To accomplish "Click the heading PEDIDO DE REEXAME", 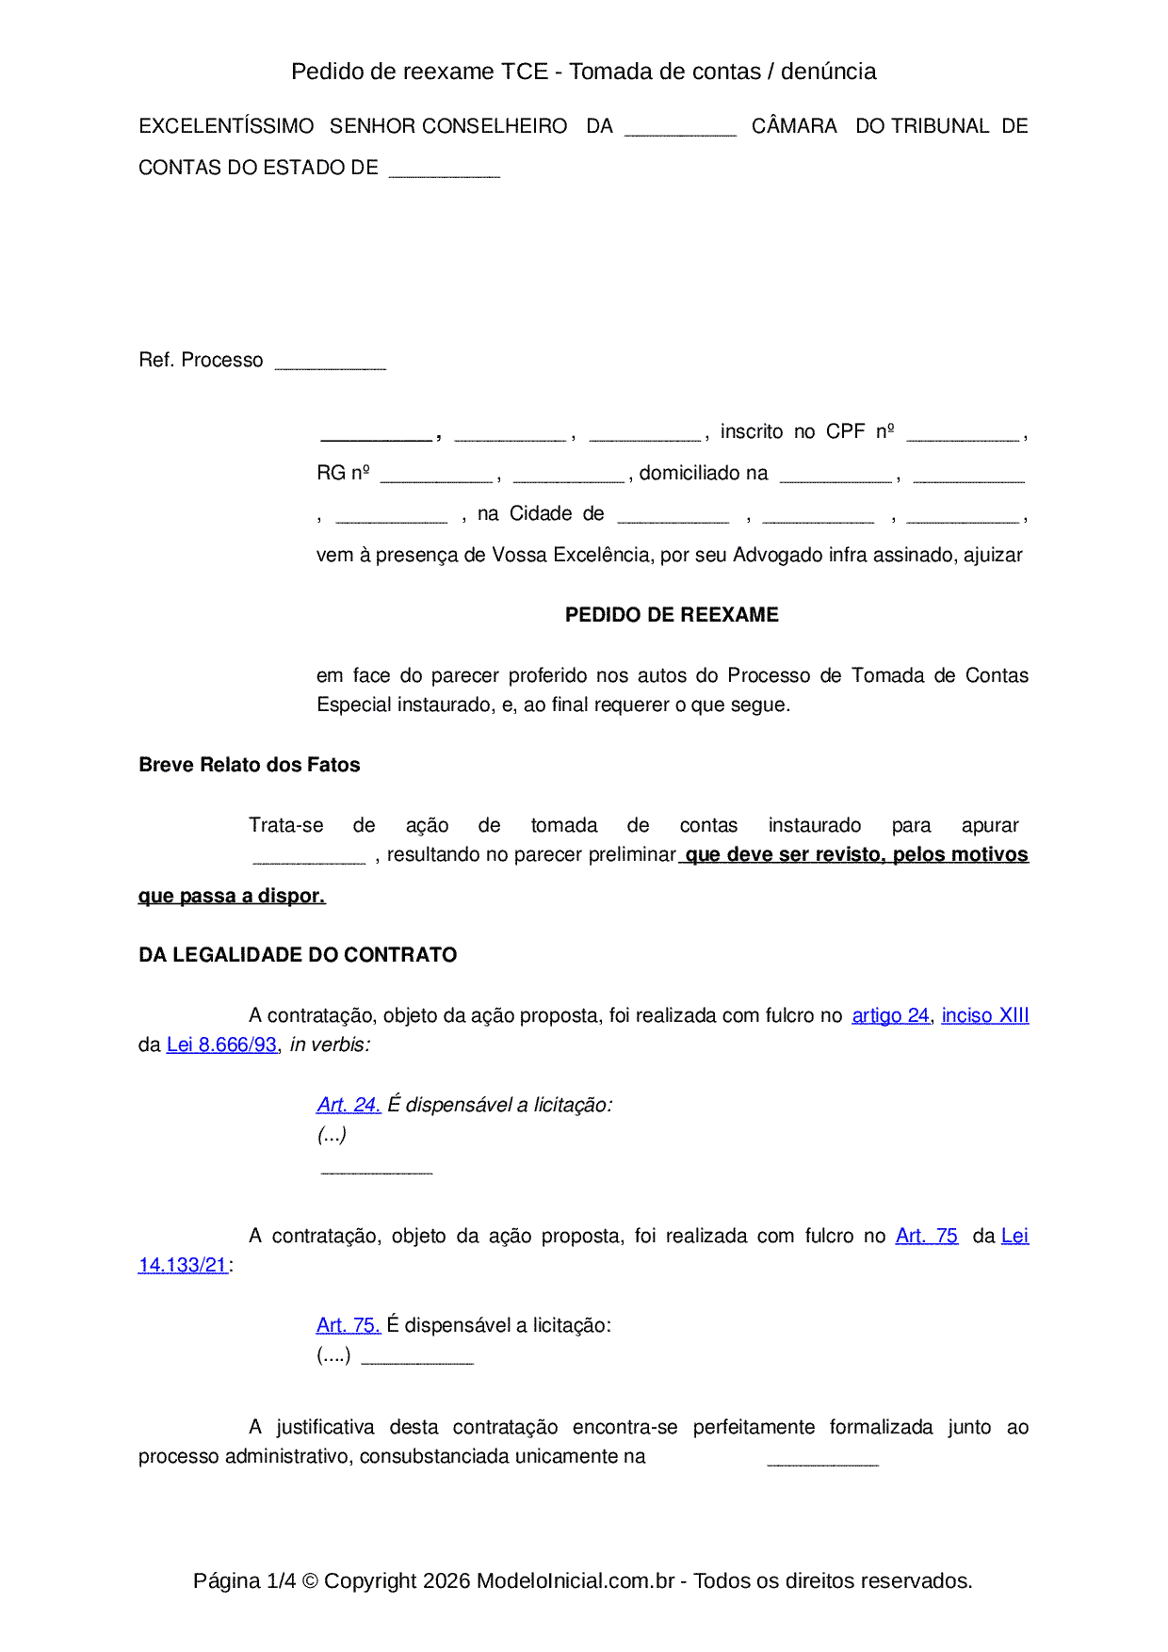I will [672, 615].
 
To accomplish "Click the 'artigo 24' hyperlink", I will [890, 1015].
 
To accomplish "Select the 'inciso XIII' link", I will [984, 1015].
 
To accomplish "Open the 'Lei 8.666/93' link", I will [221, 1045].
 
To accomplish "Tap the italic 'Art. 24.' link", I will [349, 1105].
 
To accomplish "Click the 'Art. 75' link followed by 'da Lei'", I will [926, 1236].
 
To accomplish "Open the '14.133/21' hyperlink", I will [183, 1265].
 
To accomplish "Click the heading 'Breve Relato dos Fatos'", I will [249, 765].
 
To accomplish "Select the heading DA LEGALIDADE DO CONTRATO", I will [298, 955].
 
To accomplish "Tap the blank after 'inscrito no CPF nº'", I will [963, 435].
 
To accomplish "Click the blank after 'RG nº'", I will [436, 477].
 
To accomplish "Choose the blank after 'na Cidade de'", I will [673, 517].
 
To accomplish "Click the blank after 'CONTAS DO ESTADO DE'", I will [445, 171].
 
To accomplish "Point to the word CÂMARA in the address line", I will [794, 126].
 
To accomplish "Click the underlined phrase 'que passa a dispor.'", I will [232, 896].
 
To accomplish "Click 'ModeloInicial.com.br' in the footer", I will [575, 1580].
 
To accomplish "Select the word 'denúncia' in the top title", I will [828, 72].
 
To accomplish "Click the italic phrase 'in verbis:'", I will [330, 1045].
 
